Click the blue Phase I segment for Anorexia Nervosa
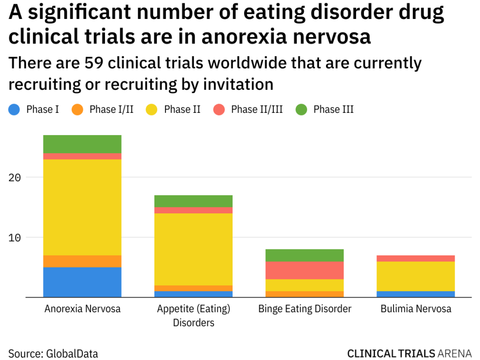click(x=82, y=282)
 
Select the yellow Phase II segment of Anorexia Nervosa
click(x=82, y=207)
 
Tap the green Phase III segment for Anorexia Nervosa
click(x=82, y=144)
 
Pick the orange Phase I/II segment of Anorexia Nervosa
click(x=82, y=261)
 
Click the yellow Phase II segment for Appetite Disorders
click(x=193, y=249)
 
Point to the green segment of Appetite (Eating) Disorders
click(x=193, y=201)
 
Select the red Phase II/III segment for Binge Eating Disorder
click(x=304, y=270)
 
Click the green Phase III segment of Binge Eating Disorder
click(x=304, y=255)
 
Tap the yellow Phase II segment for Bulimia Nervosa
click(x=415, y=276)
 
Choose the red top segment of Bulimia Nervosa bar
click(x=415, y=258)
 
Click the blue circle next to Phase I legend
click(x=14, y=110)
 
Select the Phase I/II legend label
click(x=111, y=110)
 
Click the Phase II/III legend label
click(x=257, y=110)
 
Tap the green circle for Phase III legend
click(x=302, y=110)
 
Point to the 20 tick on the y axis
click(x=15, y=178)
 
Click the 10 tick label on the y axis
click(x=15, y=237)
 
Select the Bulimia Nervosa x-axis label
click(x=415, y=309)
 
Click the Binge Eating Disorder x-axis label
click(x=304, y=309)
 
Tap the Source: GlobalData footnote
click(x=53, y=354)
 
